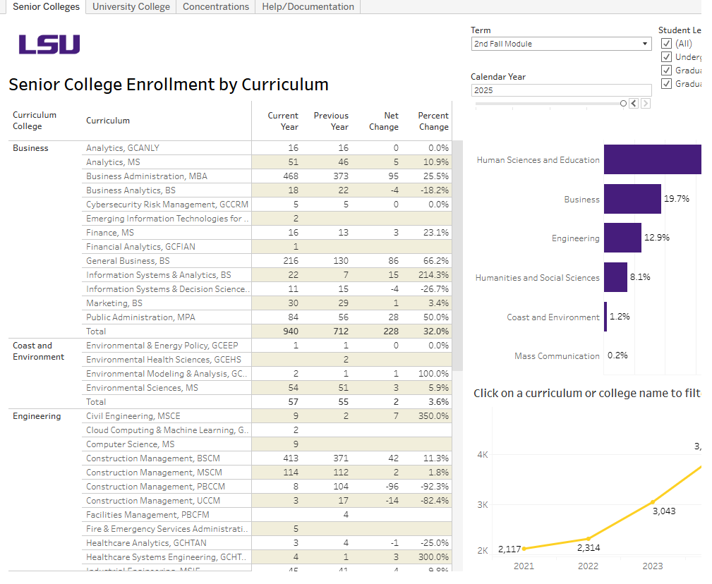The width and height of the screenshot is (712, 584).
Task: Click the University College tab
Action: click(x=131, y=7)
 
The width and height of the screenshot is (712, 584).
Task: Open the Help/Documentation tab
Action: click(x=308, y=7)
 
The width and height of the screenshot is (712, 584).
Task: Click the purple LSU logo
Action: click(x=49, y=44)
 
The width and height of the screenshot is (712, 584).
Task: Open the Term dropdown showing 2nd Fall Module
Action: click(x=561, y=44)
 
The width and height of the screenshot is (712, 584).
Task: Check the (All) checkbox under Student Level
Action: click(x=666, y=44)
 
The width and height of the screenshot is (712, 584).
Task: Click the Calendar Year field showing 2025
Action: click(x=561, y=90)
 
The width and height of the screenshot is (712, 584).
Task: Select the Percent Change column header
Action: click(x=433, y=121)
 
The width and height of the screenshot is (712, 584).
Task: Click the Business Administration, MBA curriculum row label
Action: click(x=147, y=176)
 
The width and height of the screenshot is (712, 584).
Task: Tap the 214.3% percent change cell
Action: click(x=433, y=275)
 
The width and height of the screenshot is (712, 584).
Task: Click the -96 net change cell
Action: click(x=387, y=487)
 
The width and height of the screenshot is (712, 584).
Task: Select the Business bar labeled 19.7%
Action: click(x=632, y=200)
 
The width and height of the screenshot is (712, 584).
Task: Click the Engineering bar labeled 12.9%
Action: click(x=622, y=238)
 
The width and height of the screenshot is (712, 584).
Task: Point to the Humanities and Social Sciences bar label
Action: click(x=537, y=278)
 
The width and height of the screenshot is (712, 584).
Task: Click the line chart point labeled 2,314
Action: click(x=588, y=538)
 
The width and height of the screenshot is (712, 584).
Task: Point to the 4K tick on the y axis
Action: click(x=483, y=455)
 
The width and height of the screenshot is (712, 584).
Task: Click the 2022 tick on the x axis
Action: click(x=588, y=566)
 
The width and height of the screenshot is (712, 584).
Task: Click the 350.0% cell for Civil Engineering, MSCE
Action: click(x=433, y=416)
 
